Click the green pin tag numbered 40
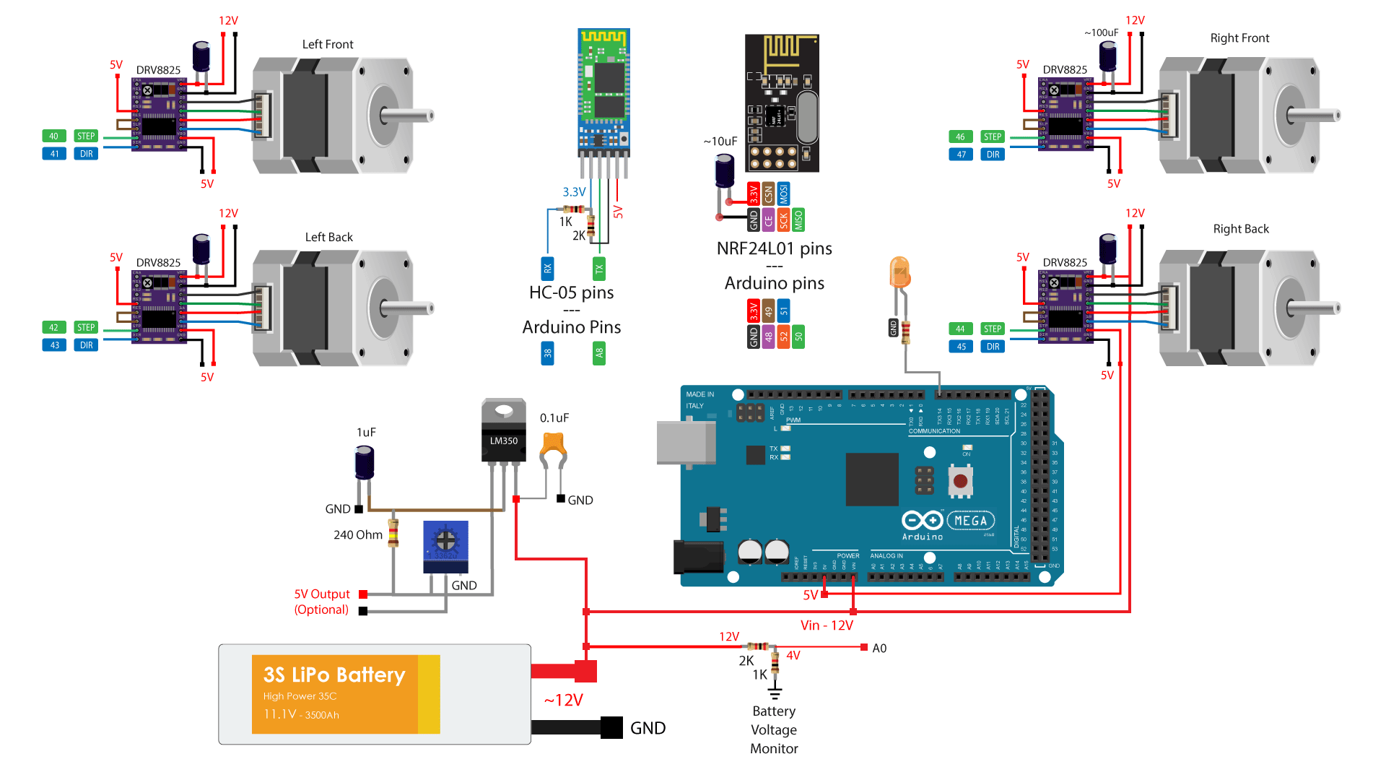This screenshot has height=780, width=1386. tap(53, 136)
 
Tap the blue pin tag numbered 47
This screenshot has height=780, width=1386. tap(961, 155)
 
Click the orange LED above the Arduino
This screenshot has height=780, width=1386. tap(899, 274)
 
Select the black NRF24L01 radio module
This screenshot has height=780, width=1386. tap(782, 102)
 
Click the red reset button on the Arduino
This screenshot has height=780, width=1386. tap(960, 481)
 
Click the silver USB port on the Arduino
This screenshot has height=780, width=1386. tap(686, 443)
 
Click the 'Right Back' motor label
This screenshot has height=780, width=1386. tap(1240, 229)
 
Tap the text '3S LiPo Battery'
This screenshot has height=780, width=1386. tap(334, 675)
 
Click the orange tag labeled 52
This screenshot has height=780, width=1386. tap(783, 336)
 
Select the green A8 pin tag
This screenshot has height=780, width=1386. tap(598, 353)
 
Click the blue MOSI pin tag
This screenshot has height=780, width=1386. tap(783, 194)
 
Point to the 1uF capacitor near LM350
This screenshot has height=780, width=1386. tap(365, 463)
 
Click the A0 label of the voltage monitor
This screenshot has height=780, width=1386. tap(879, 648)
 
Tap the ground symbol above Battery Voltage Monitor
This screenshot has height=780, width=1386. tap(775, 694)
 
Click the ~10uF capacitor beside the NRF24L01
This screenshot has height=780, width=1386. tap(724, 171)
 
